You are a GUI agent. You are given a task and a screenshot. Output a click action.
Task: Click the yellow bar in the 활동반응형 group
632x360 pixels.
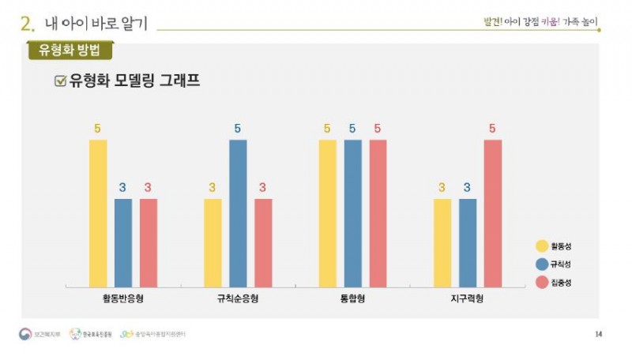(98, 213)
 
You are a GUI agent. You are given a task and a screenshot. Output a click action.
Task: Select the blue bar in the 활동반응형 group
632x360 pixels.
(123, 242)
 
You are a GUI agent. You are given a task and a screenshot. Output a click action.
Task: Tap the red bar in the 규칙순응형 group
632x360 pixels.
(263, 242)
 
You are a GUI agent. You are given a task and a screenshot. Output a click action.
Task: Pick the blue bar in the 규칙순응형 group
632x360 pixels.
(238, 213)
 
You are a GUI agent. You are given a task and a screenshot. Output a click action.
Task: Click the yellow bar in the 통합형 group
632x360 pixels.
(327, 213)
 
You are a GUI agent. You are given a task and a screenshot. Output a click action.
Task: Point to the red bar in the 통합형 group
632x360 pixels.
(378, 213)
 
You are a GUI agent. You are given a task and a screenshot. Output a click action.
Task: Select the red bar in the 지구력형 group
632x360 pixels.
(492, 213)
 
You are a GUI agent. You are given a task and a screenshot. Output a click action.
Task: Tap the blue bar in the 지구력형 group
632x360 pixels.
(467, 242)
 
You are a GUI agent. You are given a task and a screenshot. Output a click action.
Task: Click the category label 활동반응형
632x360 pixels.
(122, 299)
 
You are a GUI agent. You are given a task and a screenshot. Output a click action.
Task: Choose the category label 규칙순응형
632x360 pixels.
(238, 299)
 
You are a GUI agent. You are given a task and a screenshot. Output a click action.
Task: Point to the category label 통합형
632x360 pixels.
(352, 299)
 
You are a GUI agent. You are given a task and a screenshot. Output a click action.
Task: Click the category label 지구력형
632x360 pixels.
(467, 299)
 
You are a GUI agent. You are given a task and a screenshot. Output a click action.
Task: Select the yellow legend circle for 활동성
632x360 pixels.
(542, 246)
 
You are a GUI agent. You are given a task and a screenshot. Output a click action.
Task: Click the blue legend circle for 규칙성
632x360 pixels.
(542, 264)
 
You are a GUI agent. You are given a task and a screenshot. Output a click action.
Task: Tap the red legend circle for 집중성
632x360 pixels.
(542, 283)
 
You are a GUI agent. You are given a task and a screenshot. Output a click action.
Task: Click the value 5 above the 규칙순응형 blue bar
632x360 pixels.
(238, 129)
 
